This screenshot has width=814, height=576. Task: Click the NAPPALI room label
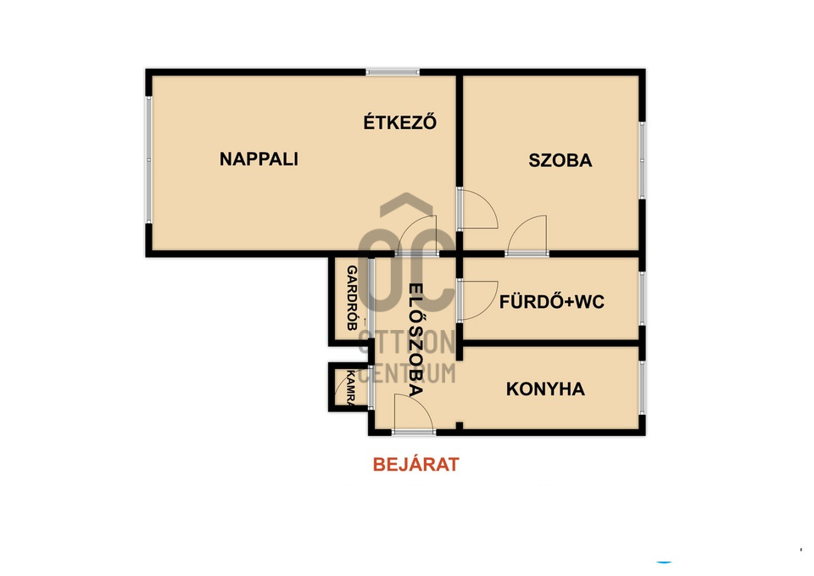259,159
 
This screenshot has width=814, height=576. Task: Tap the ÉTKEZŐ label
399,121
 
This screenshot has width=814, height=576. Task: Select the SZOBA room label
560,160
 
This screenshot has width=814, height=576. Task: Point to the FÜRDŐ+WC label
552,301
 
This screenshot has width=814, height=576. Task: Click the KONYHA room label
545,389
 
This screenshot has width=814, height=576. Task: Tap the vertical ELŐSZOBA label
415,340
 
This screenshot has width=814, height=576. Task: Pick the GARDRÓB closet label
351,298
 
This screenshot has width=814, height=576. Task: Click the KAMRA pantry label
350,388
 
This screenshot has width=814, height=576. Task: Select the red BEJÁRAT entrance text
415,464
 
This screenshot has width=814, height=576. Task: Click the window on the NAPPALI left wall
148,159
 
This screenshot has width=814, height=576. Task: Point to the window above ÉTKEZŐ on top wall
392,71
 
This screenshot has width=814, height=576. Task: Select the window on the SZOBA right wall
642,160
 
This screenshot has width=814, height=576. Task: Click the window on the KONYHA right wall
642,388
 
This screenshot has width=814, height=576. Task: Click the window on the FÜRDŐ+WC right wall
642,299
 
